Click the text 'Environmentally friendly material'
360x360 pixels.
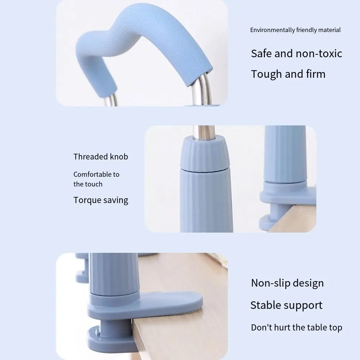pos(295,30)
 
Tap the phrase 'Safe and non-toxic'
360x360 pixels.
pos(296,54)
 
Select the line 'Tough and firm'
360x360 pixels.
pos(288,74)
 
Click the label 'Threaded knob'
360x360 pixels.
pos(101,157)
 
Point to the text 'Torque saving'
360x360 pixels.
pos(101,200)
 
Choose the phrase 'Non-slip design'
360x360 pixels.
pos(287,283)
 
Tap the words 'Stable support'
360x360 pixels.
pos(286,305)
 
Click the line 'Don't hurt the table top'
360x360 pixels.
pos(296,328)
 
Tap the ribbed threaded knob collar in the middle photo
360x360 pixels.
pos(204,153)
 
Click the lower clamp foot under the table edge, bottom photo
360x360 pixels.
pos(108,338)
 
